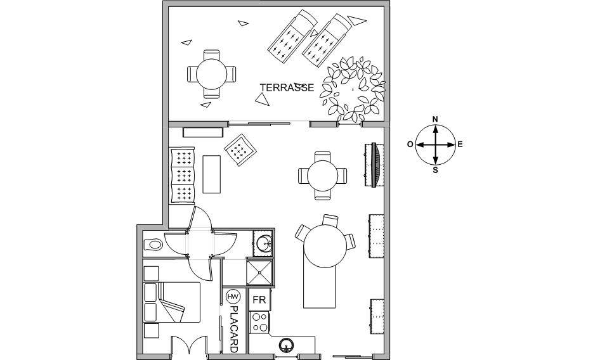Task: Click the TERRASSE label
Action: coord(287,87)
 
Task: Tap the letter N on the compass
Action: coord(435,119)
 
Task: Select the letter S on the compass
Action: coord(435,170)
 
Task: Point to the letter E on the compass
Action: coord(460,145)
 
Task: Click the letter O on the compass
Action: coord(410,145)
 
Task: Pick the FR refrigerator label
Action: coord(259,300)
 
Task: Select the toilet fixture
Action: coord(153,244)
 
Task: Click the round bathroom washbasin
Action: coord(264,243)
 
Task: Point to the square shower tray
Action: coord(260,272)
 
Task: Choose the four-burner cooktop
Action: coord(259,322)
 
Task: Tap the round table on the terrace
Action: coord(212,74)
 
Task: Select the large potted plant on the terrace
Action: coord(353,89)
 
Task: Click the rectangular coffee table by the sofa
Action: coord(212,174)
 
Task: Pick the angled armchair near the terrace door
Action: coord(240,150)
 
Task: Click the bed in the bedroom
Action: coord(172,302)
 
